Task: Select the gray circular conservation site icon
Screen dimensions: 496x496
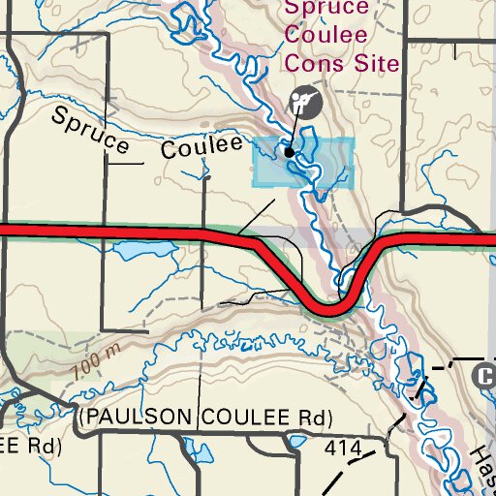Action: point(305,102)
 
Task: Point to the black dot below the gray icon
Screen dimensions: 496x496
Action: point(289,152)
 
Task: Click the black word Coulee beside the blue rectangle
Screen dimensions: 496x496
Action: point(201,147)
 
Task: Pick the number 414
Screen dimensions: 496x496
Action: point(343,449)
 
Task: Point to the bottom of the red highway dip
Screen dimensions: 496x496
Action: point(329,309)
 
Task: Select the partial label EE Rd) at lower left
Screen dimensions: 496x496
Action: point(29,447)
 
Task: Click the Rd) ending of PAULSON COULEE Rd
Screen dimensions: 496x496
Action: point(313,418)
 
